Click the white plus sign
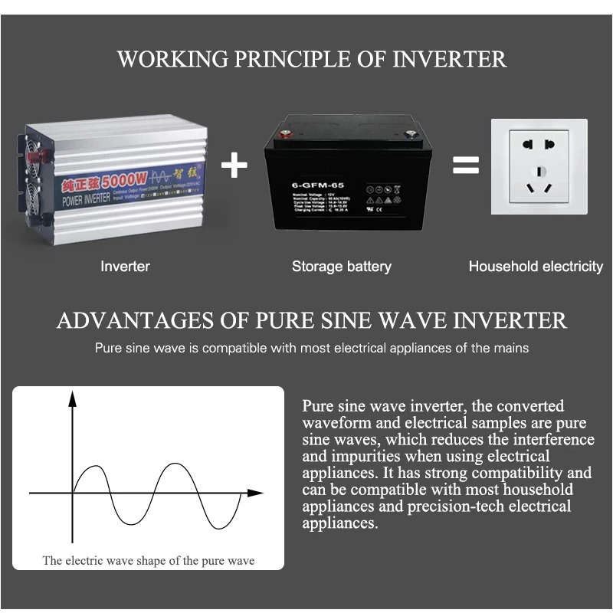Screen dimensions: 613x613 coord(234,166)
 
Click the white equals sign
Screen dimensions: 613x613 coord(465,166)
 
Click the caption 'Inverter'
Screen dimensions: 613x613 coord(126,267)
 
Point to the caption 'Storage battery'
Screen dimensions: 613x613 coord(342,267)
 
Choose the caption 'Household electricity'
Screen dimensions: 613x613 coord(536,267)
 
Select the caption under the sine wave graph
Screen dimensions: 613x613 coord(149,561)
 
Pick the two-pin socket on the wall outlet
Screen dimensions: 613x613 coord(539,145)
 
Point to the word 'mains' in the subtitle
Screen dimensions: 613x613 coord(512,348)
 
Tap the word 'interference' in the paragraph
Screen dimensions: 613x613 coord(552,440)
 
